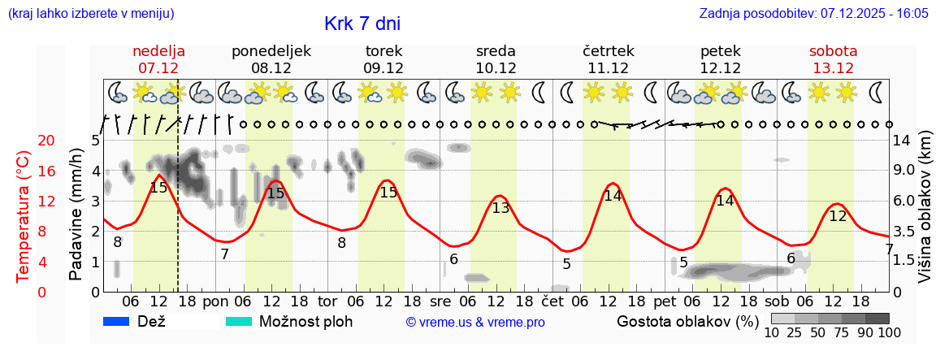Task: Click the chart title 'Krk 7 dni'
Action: point(362,24)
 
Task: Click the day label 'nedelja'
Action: point(158,51)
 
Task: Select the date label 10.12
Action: point(496,68)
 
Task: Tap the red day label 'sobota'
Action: point(833,51)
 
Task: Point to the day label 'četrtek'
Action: point(609,51)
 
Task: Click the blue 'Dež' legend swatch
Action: point(118,321)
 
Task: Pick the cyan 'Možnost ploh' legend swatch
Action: point(239,321)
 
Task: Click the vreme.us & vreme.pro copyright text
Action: point(475,322)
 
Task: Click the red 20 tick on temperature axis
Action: point(24,141)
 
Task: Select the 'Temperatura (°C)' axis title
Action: point(23,215)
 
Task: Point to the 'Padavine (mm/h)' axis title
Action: point(76,215)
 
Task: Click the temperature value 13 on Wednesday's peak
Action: point(500,208)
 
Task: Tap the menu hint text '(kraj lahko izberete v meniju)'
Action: point(90,14)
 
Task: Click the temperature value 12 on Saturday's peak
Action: point(838,216)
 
